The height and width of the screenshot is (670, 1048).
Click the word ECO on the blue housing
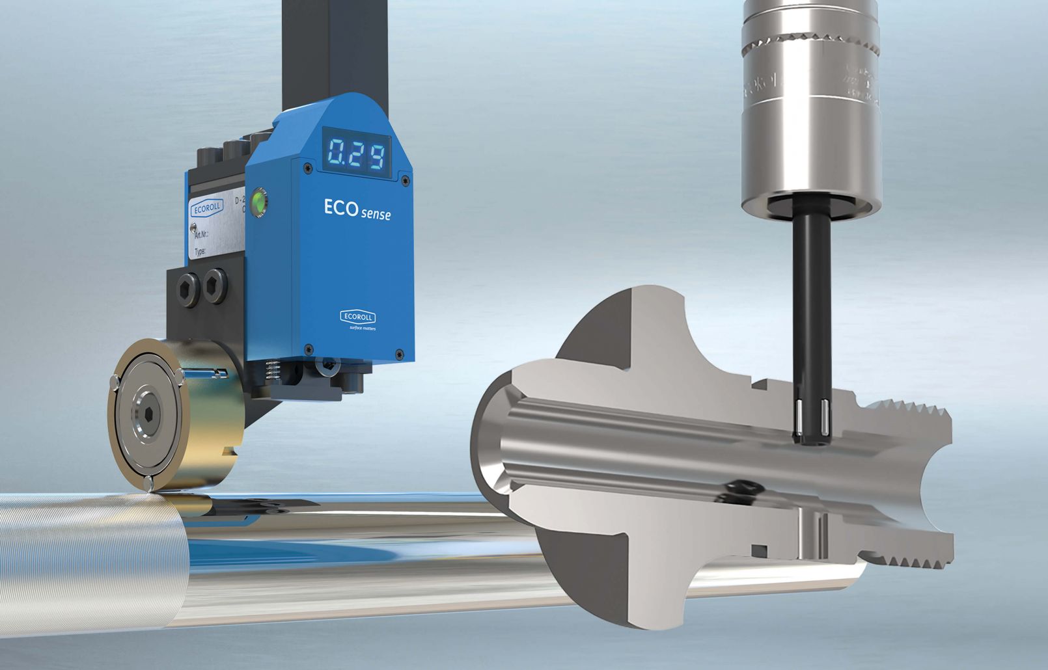(x=340, y=207)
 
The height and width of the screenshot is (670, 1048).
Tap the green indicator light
(x=260, y=200)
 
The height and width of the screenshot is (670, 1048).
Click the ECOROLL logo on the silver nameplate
(x=206, y=209)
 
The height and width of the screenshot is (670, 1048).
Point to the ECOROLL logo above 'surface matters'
(x=357, y=317)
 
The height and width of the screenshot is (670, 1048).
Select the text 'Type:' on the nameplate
(x=200, y=252)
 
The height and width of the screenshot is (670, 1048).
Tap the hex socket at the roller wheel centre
(x=144, y=416)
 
